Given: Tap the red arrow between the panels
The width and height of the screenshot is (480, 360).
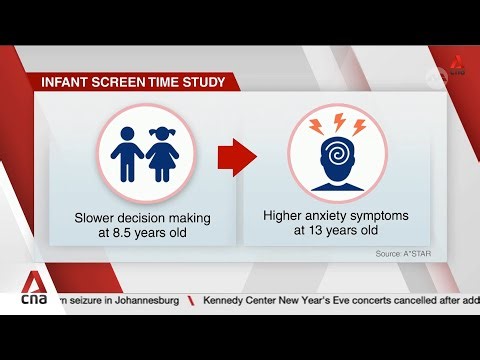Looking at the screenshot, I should pyautogui.click(x=238, y=157).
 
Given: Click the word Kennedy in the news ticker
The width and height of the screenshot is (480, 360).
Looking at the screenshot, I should pyautogui.click(x=229, y=300).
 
